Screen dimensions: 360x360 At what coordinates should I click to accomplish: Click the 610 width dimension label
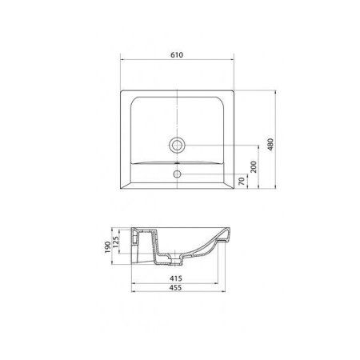(177, 54)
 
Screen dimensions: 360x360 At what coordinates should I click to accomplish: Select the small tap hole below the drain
(177, 170)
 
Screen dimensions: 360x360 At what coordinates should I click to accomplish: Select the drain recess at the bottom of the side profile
(169, 260)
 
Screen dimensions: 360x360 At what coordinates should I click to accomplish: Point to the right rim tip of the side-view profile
(232, 229)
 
